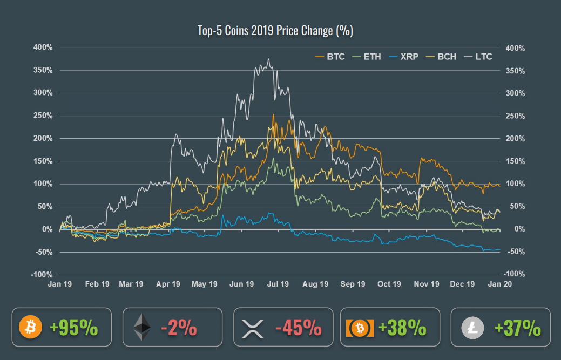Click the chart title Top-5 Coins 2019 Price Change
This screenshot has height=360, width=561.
pyautogui.click(x=275, y=31)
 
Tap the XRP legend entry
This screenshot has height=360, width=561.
pyautogui.click(x=409, y=57)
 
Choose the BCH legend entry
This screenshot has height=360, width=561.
pyautogui.click(x=447, y=57)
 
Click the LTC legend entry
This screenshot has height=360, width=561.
pyautogui.click(x=483, y=57)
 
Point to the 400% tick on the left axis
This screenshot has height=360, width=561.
pyautogui.click(x=43, y=47)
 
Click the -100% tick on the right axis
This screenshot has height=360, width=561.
pyautogui.click(x=515, y=275)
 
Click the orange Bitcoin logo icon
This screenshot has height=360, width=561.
pyautogui.click(x=30, y=327)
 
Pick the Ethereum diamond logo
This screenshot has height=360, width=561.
pyautogui.click(x=143, y=327)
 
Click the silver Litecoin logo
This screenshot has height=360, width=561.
pyautogui.click(x=470, y=327)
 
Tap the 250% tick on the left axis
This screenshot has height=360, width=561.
pyautogui.click(x=43, y=116)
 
